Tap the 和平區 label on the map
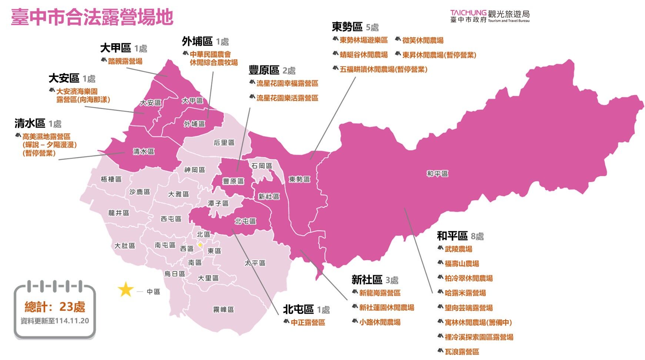[x=437, y=174]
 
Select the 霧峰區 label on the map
[x=223, y=309]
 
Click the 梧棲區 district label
[x=111, y=179]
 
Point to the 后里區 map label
[x=224, y=142]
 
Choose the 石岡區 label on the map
[x=261, y=166]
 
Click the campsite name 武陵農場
[x=458, y=249]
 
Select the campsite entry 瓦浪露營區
[x=462, y=351]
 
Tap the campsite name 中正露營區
[x=308, y=322]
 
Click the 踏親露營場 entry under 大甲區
[x=125, y=61]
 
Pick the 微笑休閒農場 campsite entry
[x=422, y=40]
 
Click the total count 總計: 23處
[x=55, y=307]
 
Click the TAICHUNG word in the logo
[x=468, y=13]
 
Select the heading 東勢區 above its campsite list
[x=347, y=27]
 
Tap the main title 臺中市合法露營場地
[x=92, y=17]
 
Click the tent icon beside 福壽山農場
[x=440, y=263]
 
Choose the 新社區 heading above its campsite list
[x=367, y=280]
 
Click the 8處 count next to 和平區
[x=477, y=236]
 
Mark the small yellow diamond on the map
[x=200, y=245]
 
